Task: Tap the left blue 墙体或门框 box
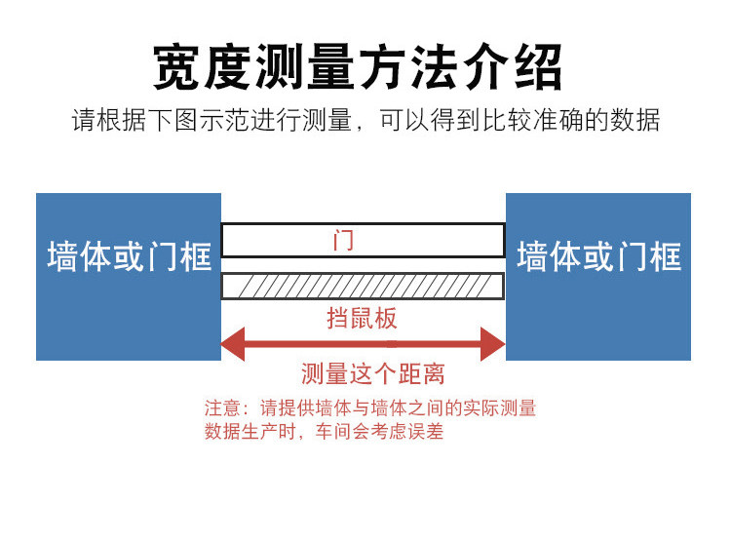click(x=129, y=277)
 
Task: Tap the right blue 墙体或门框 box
click(x=598, y=277)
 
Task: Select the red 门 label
click(x=343, y=240)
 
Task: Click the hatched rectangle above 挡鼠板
click(x=363, y=286)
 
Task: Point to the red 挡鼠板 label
click(x=362, y=318)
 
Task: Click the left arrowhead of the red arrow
click(x=232, y=343)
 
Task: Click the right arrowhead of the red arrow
click(x=493, y=343)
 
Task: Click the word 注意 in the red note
click(x=221, y=408)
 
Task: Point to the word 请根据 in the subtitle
click(x=104, y=121)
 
